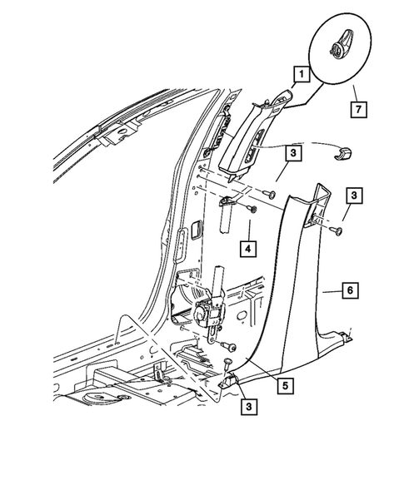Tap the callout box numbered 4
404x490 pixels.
(248, 248)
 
